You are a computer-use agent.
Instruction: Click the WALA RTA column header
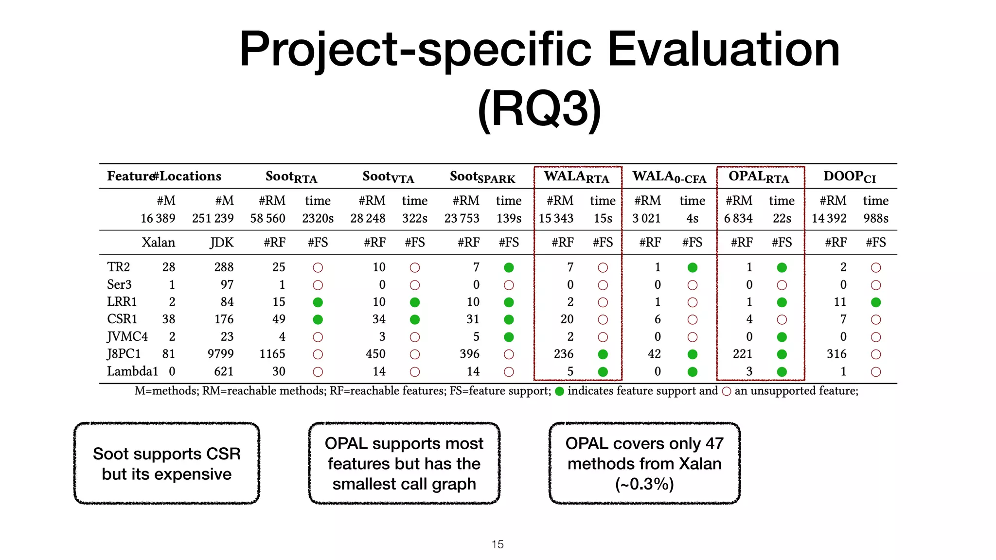click(576, 177)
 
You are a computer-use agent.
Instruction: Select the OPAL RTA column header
click(759, 177)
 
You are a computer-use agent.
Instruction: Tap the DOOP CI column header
click(849, 177)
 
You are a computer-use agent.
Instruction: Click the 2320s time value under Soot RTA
click(318, 218)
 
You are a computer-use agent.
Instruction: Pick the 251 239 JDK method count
click(213, 218)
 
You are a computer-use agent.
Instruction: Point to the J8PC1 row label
click(124, 354)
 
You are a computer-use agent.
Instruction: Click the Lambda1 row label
click(132, 371)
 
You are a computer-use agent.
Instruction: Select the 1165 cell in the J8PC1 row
click(272, 354)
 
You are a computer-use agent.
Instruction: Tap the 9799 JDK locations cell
click(220, 354)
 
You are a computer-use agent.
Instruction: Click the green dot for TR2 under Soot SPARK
click(509, 267)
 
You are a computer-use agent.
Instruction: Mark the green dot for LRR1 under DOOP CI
click(876, 302)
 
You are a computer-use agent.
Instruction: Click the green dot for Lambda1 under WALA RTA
click(603, 372)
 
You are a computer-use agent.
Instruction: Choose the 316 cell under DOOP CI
click(836, 354)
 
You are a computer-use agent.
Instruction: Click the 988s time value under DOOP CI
click(875, 218)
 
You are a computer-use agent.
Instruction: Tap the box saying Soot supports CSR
click(167, 463)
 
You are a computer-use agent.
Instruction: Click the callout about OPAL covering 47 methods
click(644, 463)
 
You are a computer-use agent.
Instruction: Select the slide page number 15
click(498, 544)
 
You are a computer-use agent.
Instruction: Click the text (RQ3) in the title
click(539, 108)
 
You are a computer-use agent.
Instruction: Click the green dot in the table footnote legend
click(559, 391)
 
